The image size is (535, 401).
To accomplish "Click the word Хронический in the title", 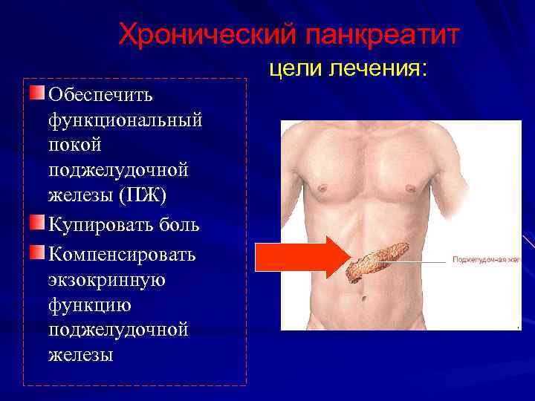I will coord(199,34).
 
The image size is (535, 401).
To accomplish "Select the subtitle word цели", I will coord(294,69).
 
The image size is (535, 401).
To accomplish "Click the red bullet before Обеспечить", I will coord(37,93).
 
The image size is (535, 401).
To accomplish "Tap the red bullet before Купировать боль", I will coord(37,222).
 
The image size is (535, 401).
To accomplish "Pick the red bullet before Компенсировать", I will coord(37,252).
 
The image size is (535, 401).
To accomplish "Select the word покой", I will coord(74,145).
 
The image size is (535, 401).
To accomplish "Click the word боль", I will coord(181,224).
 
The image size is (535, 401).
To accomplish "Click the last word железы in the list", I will coord(80,356).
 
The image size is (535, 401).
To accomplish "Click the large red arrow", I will coord(301,258).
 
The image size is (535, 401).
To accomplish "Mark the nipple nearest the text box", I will coord(322,187).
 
